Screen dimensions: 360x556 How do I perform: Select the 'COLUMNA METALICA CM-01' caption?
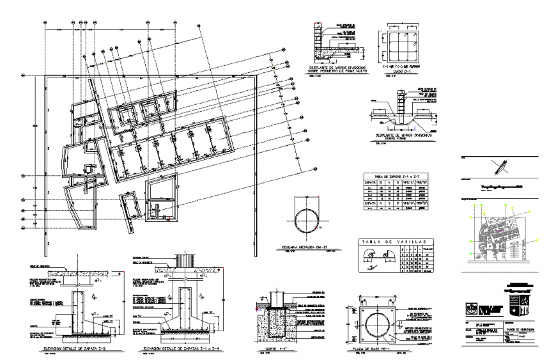(x=309, y=247)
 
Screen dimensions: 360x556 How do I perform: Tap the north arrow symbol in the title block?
(x=499, y=168)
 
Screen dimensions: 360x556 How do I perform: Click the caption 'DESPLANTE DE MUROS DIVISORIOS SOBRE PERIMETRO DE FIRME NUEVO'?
(x=339, y=68)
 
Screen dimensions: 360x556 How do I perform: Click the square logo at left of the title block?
(x=472, y=308)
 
